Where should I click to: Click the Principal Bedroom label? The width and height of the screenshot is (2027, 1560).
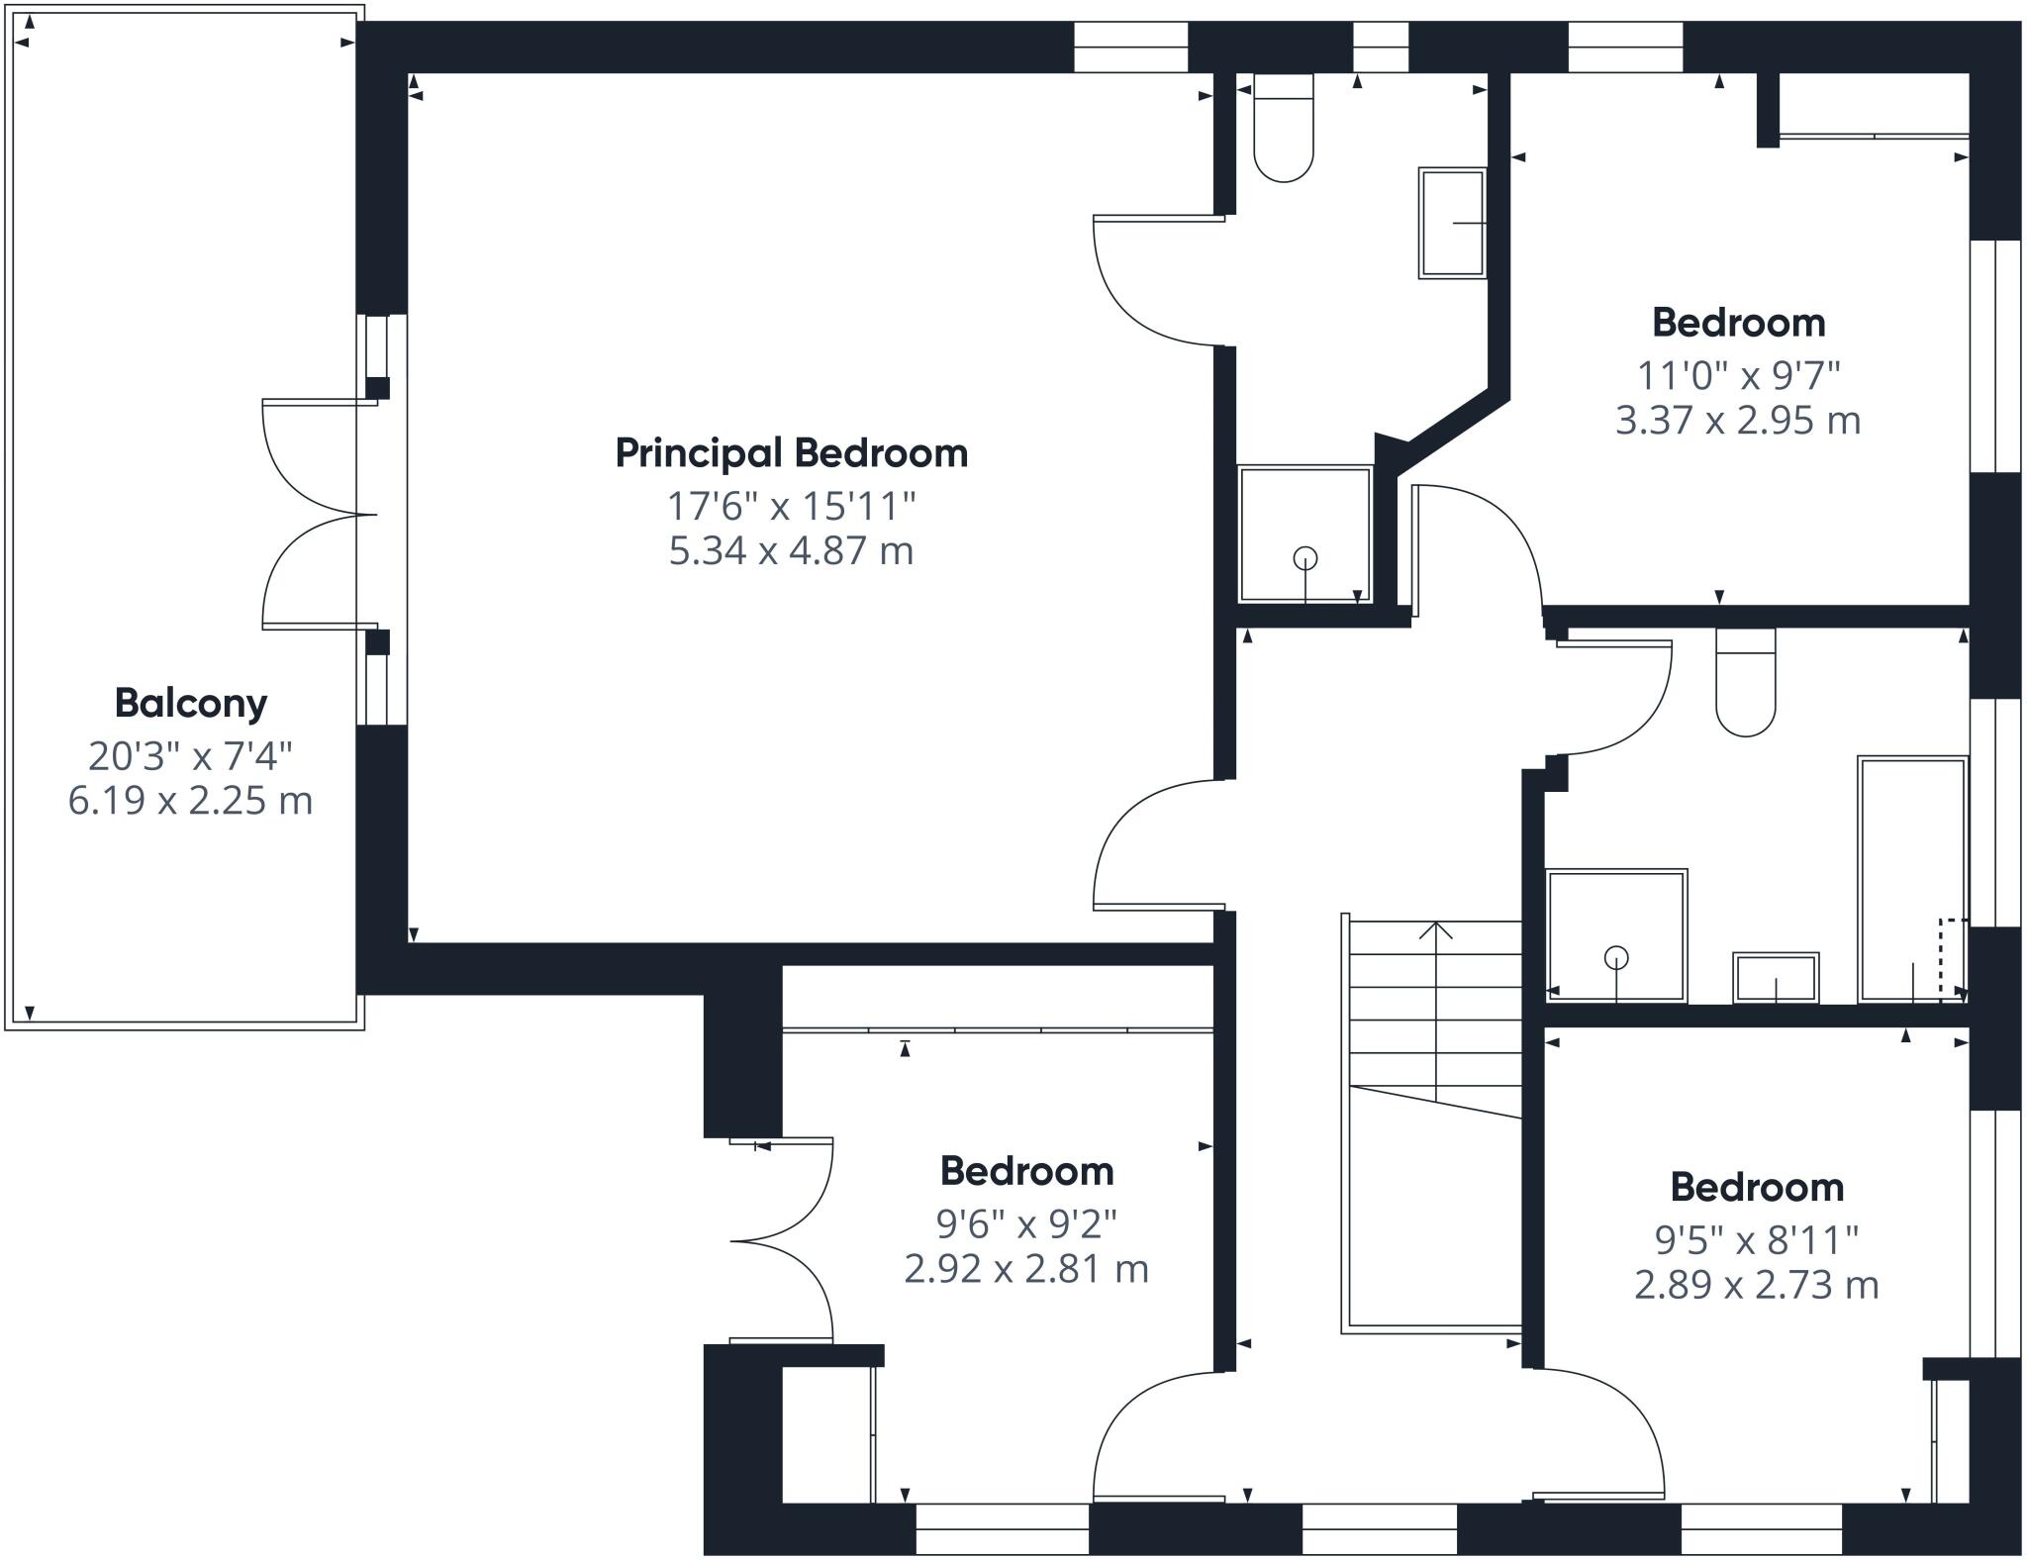tap(792, 453)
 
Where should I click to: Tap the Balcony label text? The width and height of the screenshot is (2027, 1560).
tap(191, 703)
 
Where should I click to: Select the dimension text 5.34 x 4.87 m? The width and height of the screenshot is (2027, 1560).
tap(791, 550)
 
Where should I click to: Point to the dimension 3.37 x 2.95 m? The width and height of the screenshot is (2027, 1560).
tap(1738, 421)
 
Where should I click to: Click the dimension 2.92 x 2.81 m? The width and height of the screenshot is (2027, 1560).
tap(1026, 1269)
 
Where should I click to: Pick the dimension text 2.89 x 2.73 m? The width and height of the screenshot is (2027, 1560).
tap(1757, 1285)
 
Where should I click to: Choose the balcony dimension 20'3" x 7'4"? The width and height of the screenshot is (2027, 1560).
tap(191, 757)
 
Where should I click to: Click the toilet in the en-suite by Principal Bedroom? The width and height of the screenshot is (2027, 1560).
tap(1284, 128)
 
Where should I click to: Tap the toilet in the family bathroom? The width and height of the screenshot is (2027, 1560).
tap(1746, 682)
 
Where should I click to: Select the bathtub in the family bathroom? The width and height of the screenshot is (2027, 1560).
tap(1912, 880)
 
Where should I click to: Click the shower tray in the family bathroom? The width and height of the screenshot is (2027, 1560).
tap(1616, 935)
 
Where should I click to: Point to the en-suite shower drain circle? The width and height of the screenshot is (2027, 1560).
tap(1305, 558)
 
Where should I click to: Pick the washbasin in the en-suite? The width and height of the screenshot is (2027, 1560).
tap(1452, 223)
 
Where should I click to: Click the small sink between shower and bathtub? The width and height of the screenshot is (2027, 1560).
tap(1776, 977)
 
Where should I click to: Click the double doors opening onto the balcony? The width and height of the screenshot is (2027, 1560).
tap(320, 514)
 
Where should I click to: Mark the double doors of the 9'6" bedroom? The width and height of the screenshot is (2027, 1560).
tap(782, 1239)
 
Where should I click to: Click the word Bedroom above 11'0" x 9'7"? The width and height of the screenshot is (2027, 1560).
tap(1738, 323)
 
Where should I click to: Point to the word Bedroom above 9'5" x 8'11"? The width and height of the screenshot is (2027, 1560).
tap(1757, 1187)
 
